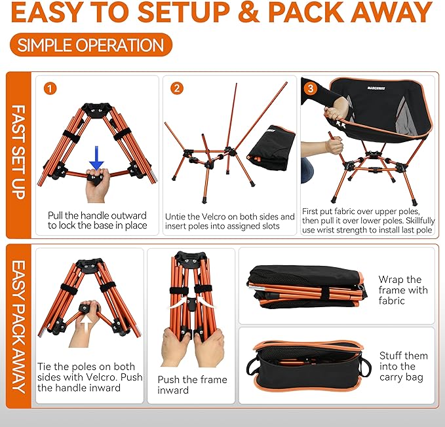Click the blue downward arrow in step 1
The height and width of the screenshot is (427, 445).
point(97,155)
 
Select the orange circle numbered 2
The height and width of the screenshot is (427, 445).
point(176,88)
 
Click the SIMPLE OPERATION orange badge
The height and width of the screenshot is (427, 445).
point(90,45)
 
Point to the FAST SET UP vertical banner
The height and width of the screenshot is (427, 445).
point(18,155)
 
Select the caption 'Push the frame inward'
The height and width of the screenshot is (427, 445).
point(192,384)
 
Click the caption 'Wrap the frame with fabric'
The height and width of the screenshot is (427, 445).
point(402,290)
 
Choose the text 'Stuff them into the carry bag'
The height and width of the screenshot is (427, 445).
point(403,366)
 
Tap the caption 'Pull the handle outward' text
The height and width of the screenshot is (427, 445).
point(97,215)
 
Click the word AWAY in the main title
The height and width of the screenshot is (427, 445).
point(387,12)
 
